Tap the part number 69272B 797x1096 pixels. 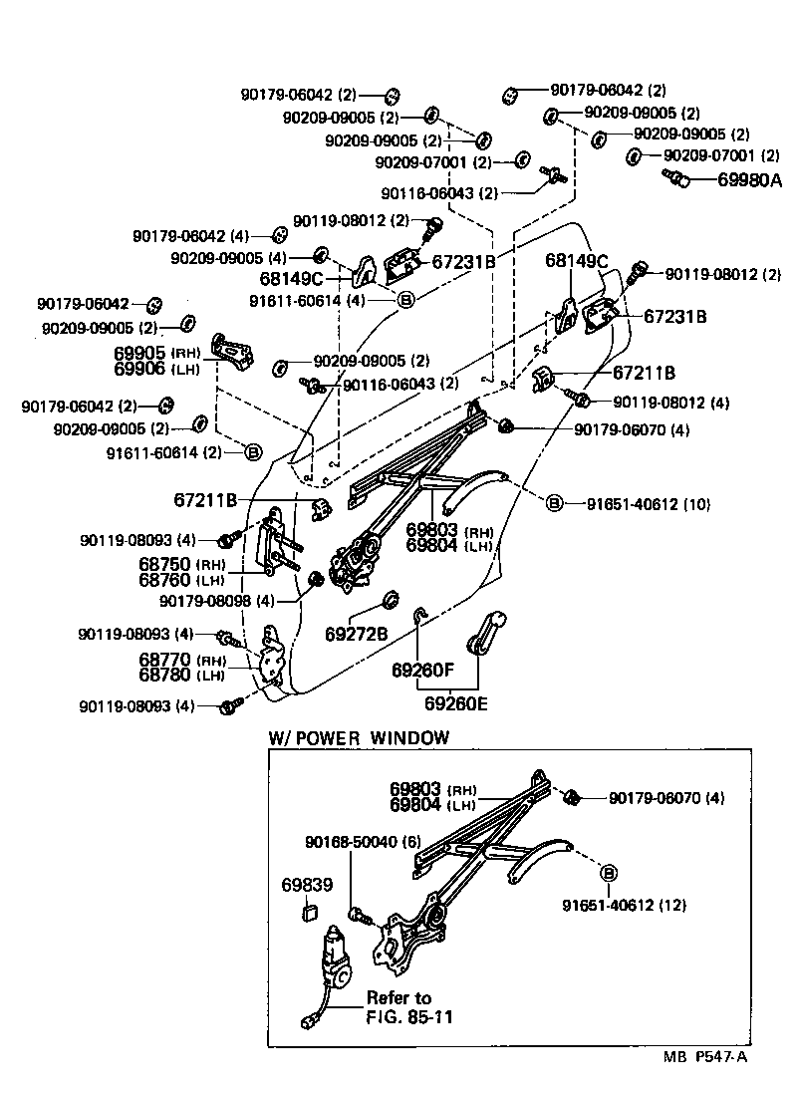click(x=356, y=634)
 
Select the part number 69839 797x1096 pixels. click(x=306, y=884)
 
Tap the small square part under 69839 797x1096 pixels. click(x=309, y=910)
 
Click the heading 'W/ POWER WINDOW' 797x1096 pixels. click(x=359, y=738)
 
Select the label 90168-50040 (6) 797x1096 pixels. click(x=363, y=841)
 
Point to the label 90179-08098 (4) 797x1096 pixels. click(x=216, y=601)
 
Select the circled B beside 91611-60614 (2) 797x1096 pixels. click(x=253, y=451)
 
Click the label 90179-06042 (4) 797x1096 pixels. click(x=190, y=236)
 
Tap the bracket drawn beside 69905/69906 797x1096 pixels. click(x=235, y=353)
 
